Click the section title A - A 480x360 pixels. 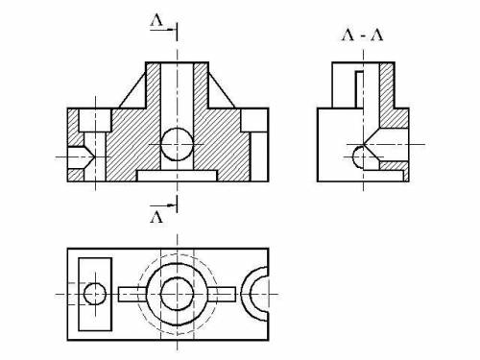pyautogui.click(x=363, y=35)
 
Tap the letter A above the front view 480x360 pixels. pyautogui.click(x=156, y=20)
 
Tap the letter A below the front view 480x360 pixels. pyautogui.click(x=156, y=217)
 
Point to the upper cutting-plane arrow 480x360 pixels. pyautogui.click(x=163, y=30)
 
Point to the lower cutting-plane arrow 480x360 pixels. pyautogui.click(x=163, y=204)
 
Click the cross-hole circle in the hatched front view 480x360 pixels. pyautogui.click(x=177, y=144)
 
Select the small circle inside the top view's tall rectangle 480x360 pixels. pyautogui.click(x=95, y=294)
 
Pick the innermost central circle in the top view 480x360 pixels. pyautogui.click(x=177, y=294)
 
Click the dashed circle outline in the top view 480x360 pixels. pyautogui.click(x=177, y=254)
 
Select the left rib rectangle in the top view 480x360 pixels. pyautogui.click(x=132, y=294)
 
